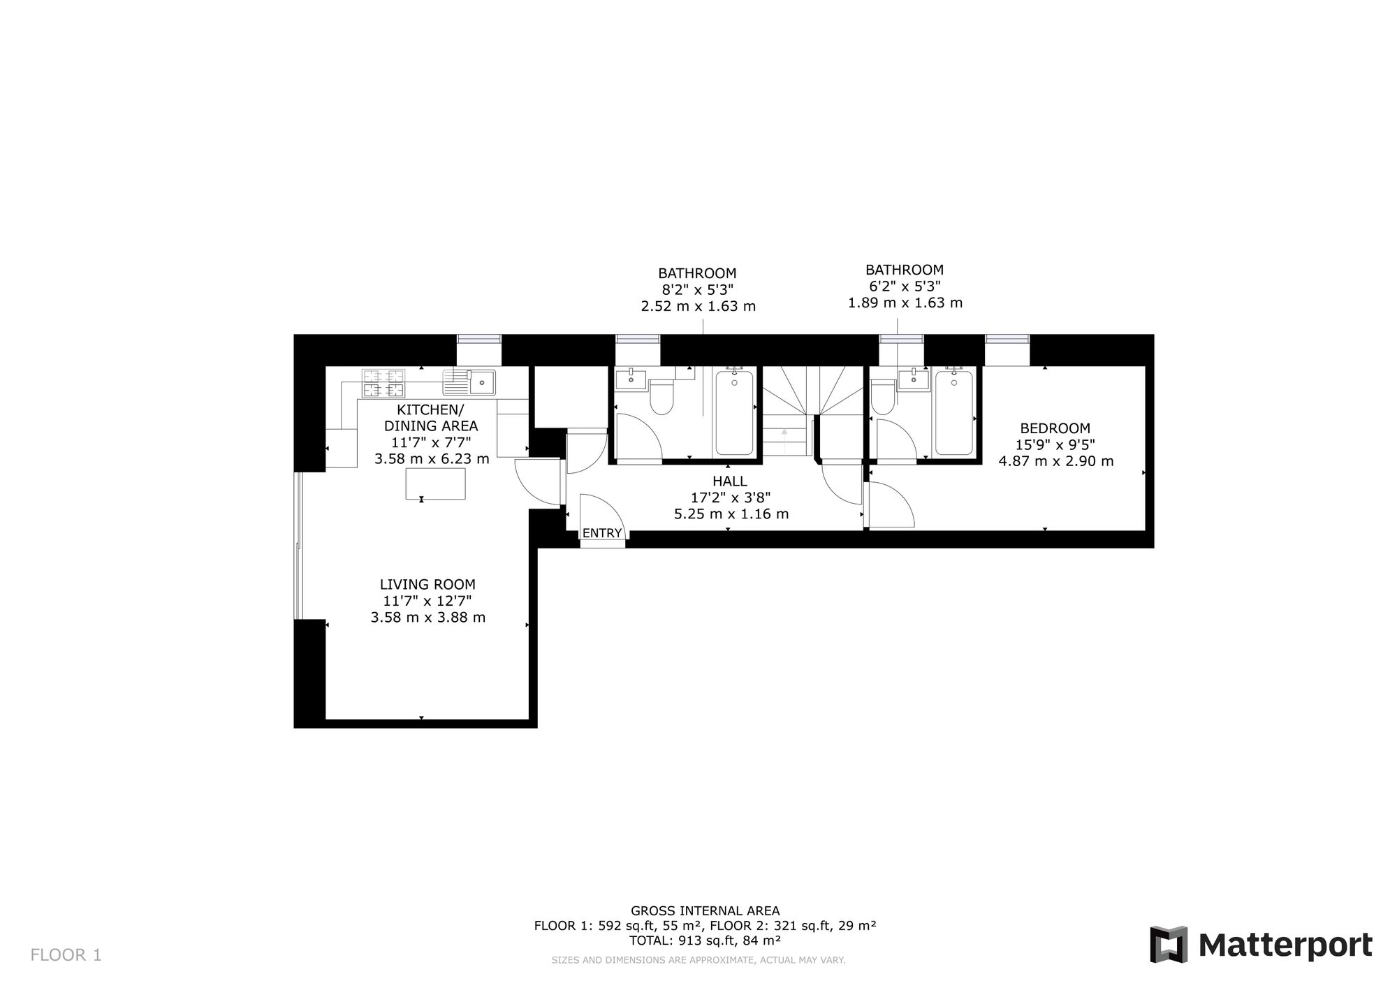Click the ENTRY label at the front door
[x=601, y=533]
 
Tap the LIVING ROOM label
[x=427, y=584]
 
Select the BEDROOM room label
[x=1055, y=428]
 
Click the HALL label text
[x=730, y=481]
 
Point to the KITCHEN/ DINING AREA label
[x=431, y=418]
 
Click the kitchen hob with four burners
[x=383, y=384]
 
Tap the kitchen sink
[x=469, y=383]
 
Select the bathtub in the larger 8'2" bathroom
[x=733, y=412]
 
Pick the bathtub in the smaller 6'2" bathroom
[x=953, y=412]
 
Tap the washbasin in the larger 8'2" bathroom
[x=631, y=379]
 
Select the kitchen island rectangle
[x=436, y=484]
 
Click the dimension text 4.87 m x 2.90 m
[x=1056, y=461]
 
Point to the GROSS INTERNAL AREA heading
[x=705, y=910]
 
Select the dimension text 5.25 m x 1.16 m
[x=731, y=514]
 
